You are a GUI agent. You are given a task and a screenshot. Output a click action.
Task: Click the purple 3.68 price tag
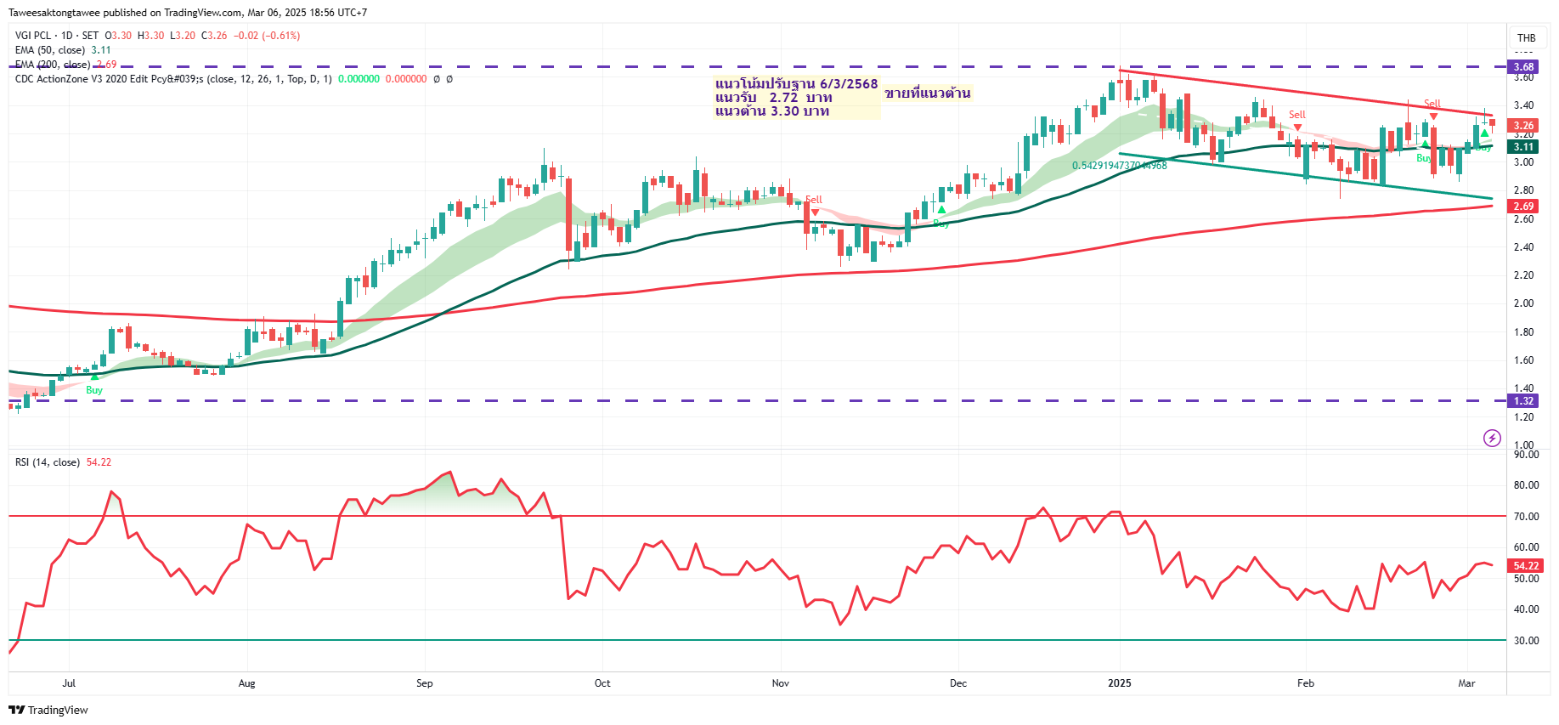[1524, 66]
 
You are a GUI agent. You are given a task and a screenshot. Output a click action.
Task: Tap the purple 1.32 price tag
[1524, 401]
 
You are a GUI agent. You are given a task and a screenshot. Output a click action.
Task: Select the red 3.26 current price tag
[1524, 125]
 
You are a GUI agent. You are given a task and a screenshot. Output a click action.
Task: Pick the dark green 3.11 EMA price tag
[1524, 146]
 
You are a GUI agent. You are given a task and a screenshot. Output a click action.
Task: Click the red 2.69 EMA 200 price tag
[1524, 206]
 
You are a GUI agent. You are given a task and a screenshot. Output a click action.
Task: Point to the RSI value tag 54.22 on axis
[1526, 565]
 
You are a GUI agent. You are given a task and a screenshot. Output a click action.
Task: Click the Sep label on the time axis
[424, 683]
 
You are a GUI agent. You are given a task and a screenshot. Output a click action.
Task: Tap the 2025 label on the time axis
[1119, 683]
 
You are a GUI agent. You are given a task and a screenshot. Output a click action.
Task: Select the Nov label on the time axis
[780, 683]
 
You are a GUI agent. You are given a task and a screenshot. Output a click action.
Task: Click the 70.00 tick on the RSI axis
[1526, 516]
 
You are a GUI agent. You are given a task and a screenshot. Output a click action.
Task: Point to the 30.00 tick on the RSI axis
[1526, 640]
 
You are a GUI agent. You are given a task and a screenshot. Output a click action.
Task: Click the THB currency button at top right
[1526, 37]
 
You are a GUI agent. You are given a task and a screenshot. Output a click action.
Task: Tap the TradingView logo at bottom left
[48, 710]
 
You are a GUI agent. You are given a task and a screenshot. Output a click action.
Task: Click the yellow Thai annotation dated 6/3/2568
[795, 97]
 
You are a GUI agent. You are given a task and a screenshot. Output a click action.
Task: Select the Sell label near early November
[813, 200]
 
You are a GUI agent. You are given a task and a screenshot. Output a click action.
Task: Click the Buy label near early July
[94, 390]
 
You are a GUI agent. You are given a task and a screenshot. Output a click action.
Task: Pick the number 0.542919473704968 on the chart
[1119, 166]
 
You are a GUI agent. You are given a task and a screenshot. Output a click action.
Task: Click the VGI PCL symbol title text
[33, 36]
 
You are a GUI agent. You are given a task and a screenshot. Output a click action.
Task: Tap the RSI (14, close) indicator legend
[48, 462]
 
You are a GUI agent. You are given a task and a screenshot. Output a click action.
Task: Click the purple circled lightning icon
[1492, 438]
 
